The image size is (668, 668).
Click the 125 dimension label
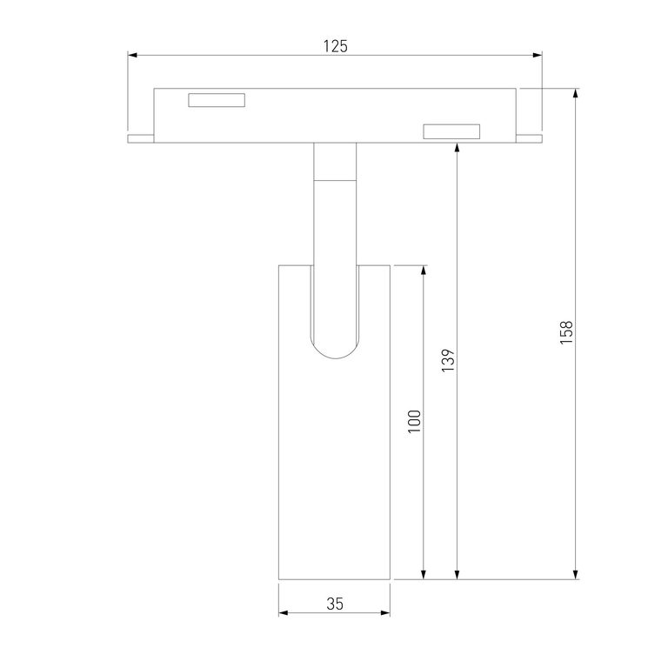[335, 46]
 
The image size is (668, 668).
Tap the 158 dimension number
[566, 333]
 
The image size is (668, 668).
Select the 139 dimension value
[448, 360]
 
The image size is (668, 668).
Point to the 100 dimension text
[414, 421]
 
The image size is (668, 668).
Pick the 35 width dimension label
[335, 604]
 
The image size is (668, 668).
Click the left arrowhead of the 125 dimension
[132, 56]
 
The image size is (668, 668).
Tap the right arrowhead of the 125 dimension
[538, 56]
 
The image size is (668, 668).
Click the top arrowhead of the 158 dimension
[576, 94]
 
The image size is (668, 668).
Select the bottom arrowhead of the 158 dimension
[576, 574]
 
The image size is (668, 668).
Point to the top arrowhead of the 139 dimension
[458, 148]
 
